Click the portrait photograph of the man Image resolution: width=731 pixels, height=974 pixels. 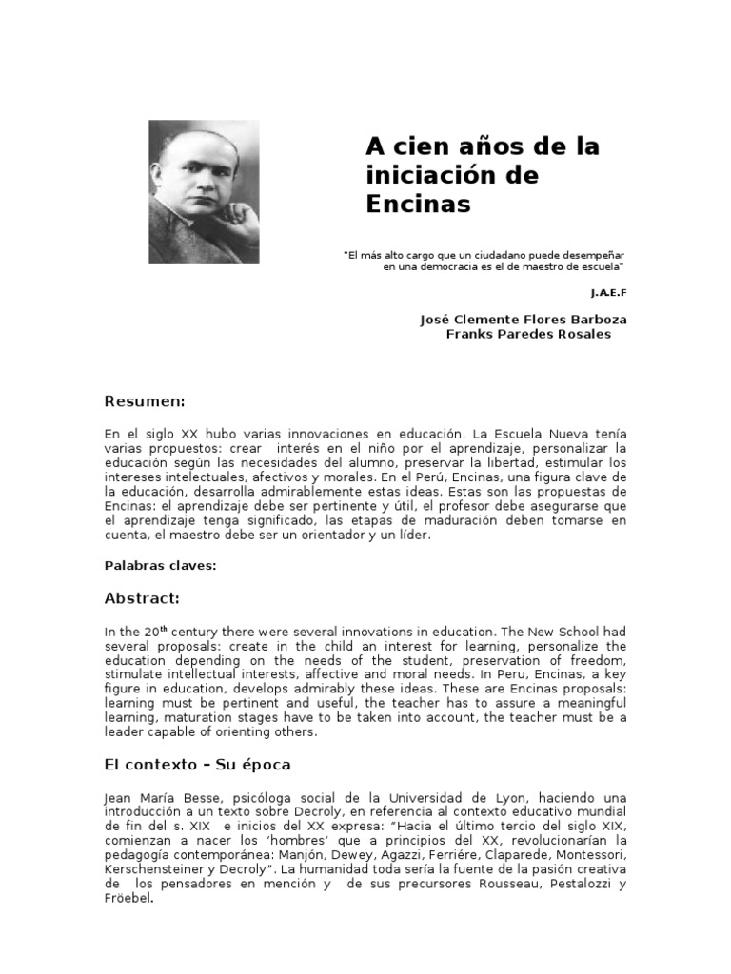pos(204,192)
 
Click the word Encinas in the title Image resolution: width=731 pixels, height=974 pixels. pos(419,204)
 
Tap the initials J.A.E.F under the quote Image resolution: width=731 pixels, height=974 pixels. pos(609,292)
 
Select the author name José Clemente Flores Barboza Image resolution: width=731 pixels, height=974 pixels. pos(524,320)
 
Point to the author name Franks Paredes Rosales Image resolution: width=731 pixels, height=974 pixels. pos(529,334)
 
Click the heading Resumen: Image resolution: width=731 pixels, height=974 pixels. pos(144,401)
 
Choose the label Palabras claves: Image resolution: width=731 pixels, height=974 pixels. pos(161,566)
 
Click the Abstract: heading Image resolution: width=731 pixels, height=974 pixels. pos(142,599)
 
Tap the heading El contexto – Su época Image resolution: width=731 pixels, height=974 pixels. pos(197,764)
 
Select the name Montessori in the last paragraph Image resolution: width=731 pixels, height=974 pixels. pos(592,855)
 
